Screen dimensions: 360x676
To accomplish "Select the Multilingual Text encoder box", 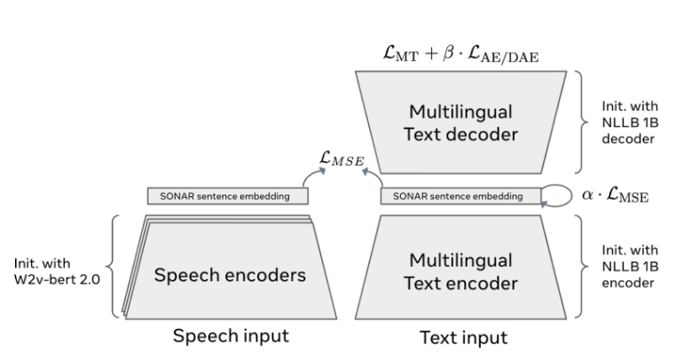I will point(459,271).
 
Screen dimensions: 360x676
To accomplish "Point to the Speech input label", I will point(231,337).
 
